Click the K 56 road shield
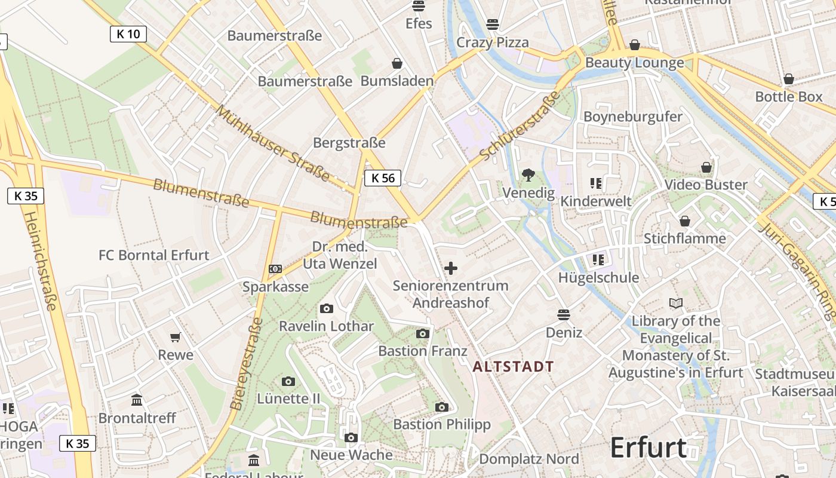383,177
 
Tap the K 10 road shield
128,34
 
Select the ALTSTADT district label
514,366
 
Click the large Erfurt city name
648,448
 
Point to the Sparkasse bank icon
275,269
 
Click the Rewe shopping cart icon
176,337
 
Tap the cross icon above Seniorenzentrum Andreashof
451,268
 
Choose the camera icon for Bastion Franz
423,333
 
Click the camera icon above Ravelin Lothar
326,308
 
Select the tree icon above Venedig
528,175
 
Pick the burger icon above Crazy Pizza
493,24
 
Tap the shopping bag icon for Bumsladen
397,63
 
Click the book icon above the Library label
676,304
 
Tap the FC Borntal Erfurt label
154,255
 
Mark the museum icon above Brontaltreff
137,400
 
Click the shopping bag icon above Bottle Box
789,79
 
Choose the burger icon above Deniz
564,314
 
